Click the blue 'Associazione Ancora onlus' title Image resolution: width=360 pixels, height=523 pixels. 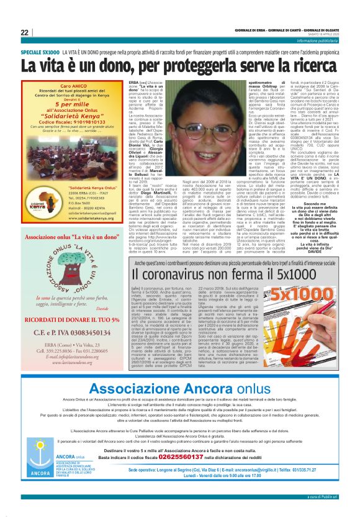coord(180,388)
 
